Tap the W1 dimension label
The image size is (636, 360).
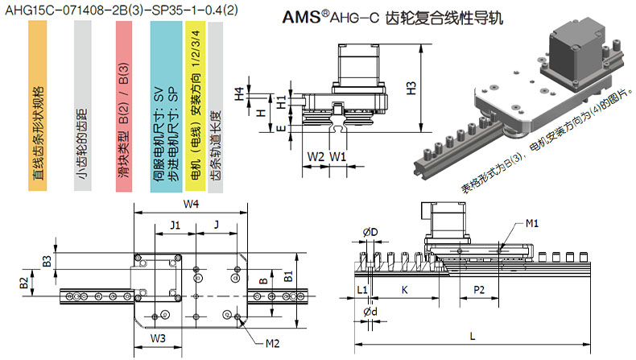click(x=338, y=155)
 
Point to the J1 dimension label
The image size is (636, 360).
click(x=174, y=225)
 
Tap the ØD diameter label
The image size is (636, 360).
click(x=370, y=232)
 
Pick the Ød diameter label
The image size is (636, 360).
click(x=370, y=312)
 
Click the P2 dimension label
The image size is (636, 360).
click(x=477, y=289)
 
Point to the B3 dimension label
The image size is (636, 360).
click(x=47, y=261)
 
